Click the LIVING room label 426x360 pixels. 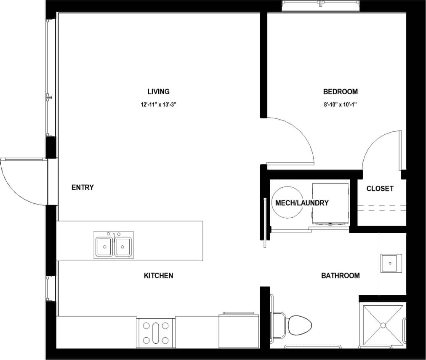[x=158, y=92]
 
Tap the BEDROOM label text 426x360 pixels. [x=340, y=92]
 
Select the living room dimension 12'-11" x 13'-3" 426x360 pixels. [x=158, y=105]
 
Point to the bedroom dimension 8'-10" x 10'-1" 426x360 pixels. [x=340, y=105]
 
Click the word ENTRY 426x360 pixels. [x=83, y=188]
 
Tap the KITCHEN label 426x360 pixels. [x=159, y=276]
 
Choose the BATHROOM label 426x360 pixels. [x=340, y=276]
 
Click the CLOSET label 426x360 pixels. [x=380, y=189]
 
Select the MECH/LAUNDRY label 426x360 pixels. [x=302, y=203]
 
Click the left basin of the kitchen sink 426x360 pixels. [x=104, y=247]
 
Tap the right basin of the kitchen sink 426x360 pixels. [x=123, y=247]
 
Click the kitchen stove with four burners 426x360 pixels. [x=156, y=332]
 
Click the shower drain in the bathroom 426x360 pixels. [x=383, y=325]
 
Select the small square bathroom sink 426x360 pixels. [x=391, y=263]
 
